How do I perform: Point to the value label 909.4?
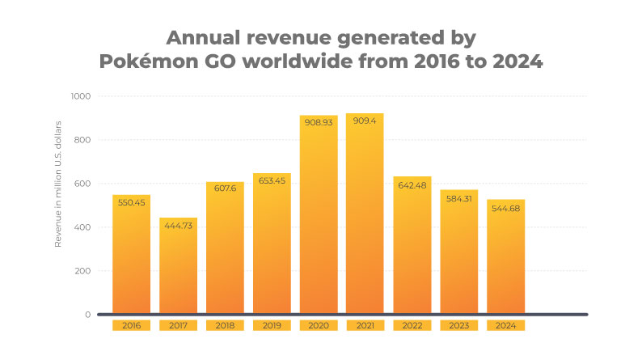pyautogui.click(x=365, y=124)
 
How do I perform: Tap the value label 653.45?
pyautogui.click(x=271, y=184)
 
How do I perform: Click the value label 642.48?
pyautogui.click(x=412, y=186)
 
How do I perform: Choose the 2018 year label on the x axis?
pyautogui.click(x=225, y=326)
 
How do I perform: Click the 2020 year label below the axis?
pyautogui.click(x=318, y=326)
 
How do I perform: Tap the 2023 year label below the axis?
pyautogui.click(x=458, y=326)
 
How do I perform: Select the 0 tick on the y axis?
pyautogui.click(x=87, y=314)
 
